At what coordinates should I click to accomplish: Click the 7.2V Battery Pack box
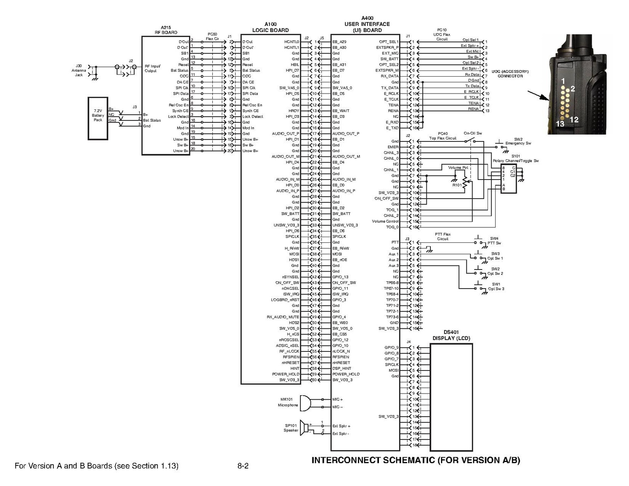[x=98, y=118]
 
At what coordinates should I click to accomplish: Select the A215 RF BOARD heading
[x=166, y=30]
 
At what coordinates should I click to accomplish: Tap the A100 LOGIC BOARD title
[x=270, y=27]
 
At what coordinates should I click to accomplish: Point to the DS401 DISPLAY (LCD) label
[x=451, y=335]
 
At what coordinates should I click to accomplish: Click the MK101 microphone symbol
[x=305, y=403]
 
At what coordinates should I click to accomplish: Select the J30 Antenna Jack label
[x=79, y=70]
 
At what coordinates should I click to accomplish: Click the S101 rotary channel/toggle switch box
[x=509, y=179]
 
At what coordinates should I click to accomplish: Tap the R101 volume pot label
[x=457, y=185]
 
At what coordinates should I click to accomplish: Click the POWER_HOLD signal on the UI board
[x=346, y=374]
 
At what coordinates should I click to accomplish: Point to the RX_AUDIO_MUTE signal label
[x=283, y=317]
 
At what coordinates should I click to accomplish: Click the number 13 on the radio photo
[x=560, y=124]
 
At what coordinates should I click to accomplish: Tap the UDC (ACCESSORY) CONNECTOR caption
[x=510, y=74]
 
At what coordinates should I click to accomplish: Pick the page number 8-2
[x=243, y=466]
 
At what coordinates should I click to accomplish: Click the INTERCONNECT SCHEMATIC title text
[x=415, y=460]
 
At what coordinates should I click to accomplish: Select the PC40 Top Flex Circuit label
[x=443, y=136]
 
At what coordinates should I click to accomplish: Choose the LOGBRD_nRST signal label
[x=285, y=300]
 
